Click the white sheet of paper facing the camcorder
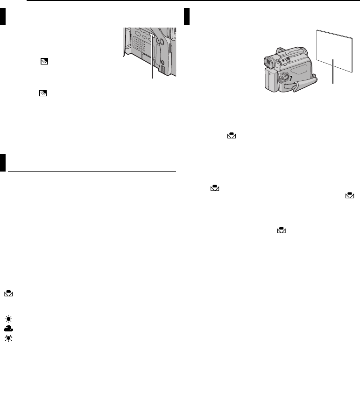point(334,50)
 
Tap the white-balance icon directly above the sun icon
point(9,294)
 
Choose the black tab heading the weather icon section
point(3,163)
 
